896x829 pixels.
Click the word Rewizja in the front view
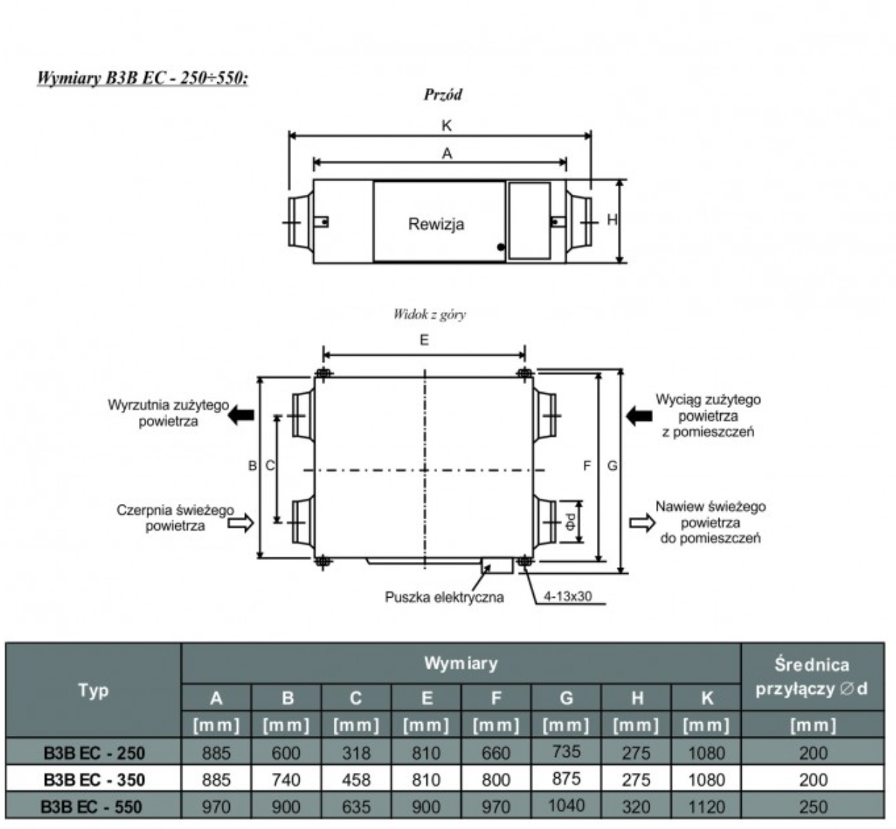(436, 224)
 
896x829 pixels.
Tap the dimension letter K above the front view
(447, 126)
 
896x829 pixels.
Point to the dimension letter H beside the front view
(612, 220)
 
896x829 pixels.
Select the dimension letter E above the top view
(424, 340)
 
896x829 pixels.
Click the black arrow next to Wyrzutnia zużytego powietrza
(241, 414)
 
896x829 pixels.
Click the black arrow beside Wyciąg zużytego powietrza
(639, 416)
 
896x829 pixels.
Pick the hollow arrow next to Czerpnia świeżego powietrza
(241, 523)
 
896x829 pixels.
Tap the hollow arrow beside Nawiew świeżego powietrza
(642, 523)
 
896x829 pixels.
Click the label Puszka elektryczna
(444, 597)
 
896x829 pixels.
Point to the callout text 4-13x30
(567, 596)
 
